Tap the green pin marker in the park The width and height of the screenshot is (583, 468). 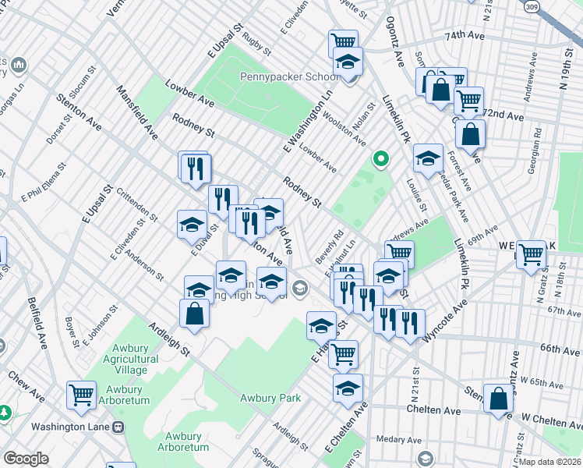[x=380, y=160]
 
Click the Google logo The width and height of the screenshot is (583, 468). [x=26, y=458]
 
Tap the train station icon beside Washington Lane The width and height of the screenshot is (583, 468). [x=118, y=427]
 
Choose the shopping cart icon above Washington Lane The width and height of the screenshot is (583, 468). [x=82, y=395]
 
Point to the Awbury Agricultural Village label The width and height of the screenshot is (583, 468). [x=125, y=365]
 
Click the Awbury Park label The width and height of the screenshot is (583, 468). [x=270, y=398]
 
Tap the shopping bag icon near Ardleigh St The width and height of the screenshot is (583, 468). [x=194, y=314]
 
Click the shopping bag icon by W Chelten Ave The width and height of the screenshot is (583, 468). [x=498, y=399]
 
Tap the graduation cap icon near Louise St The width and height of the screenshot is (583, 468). [x=428, y=159]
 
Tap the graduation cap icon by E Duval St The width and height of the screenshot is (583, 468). [x=192, y=225]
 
